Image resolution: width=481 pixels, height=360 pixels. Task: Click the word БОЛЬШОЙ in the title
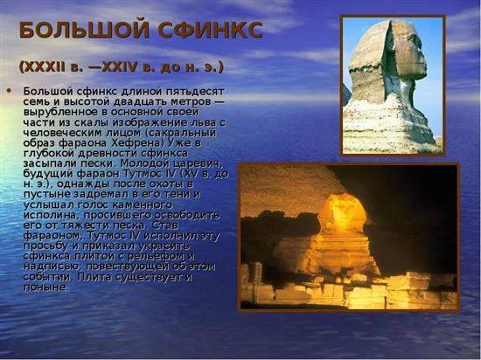tap(84, 30)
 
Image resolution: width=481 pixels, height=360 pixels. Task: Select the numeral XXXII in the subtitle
tap(42, 66)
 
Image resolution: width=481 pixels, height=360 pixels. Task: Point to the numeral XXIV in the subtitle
tap(119, 66)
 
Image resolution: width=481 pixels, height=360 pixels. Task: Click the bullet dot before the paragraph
tap(9, 91)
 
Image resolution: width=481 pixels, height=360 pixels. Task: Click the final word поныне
tap(45, 287)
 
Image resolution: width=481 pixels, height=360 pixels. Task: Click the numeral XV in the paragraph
tap(191, 173)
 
